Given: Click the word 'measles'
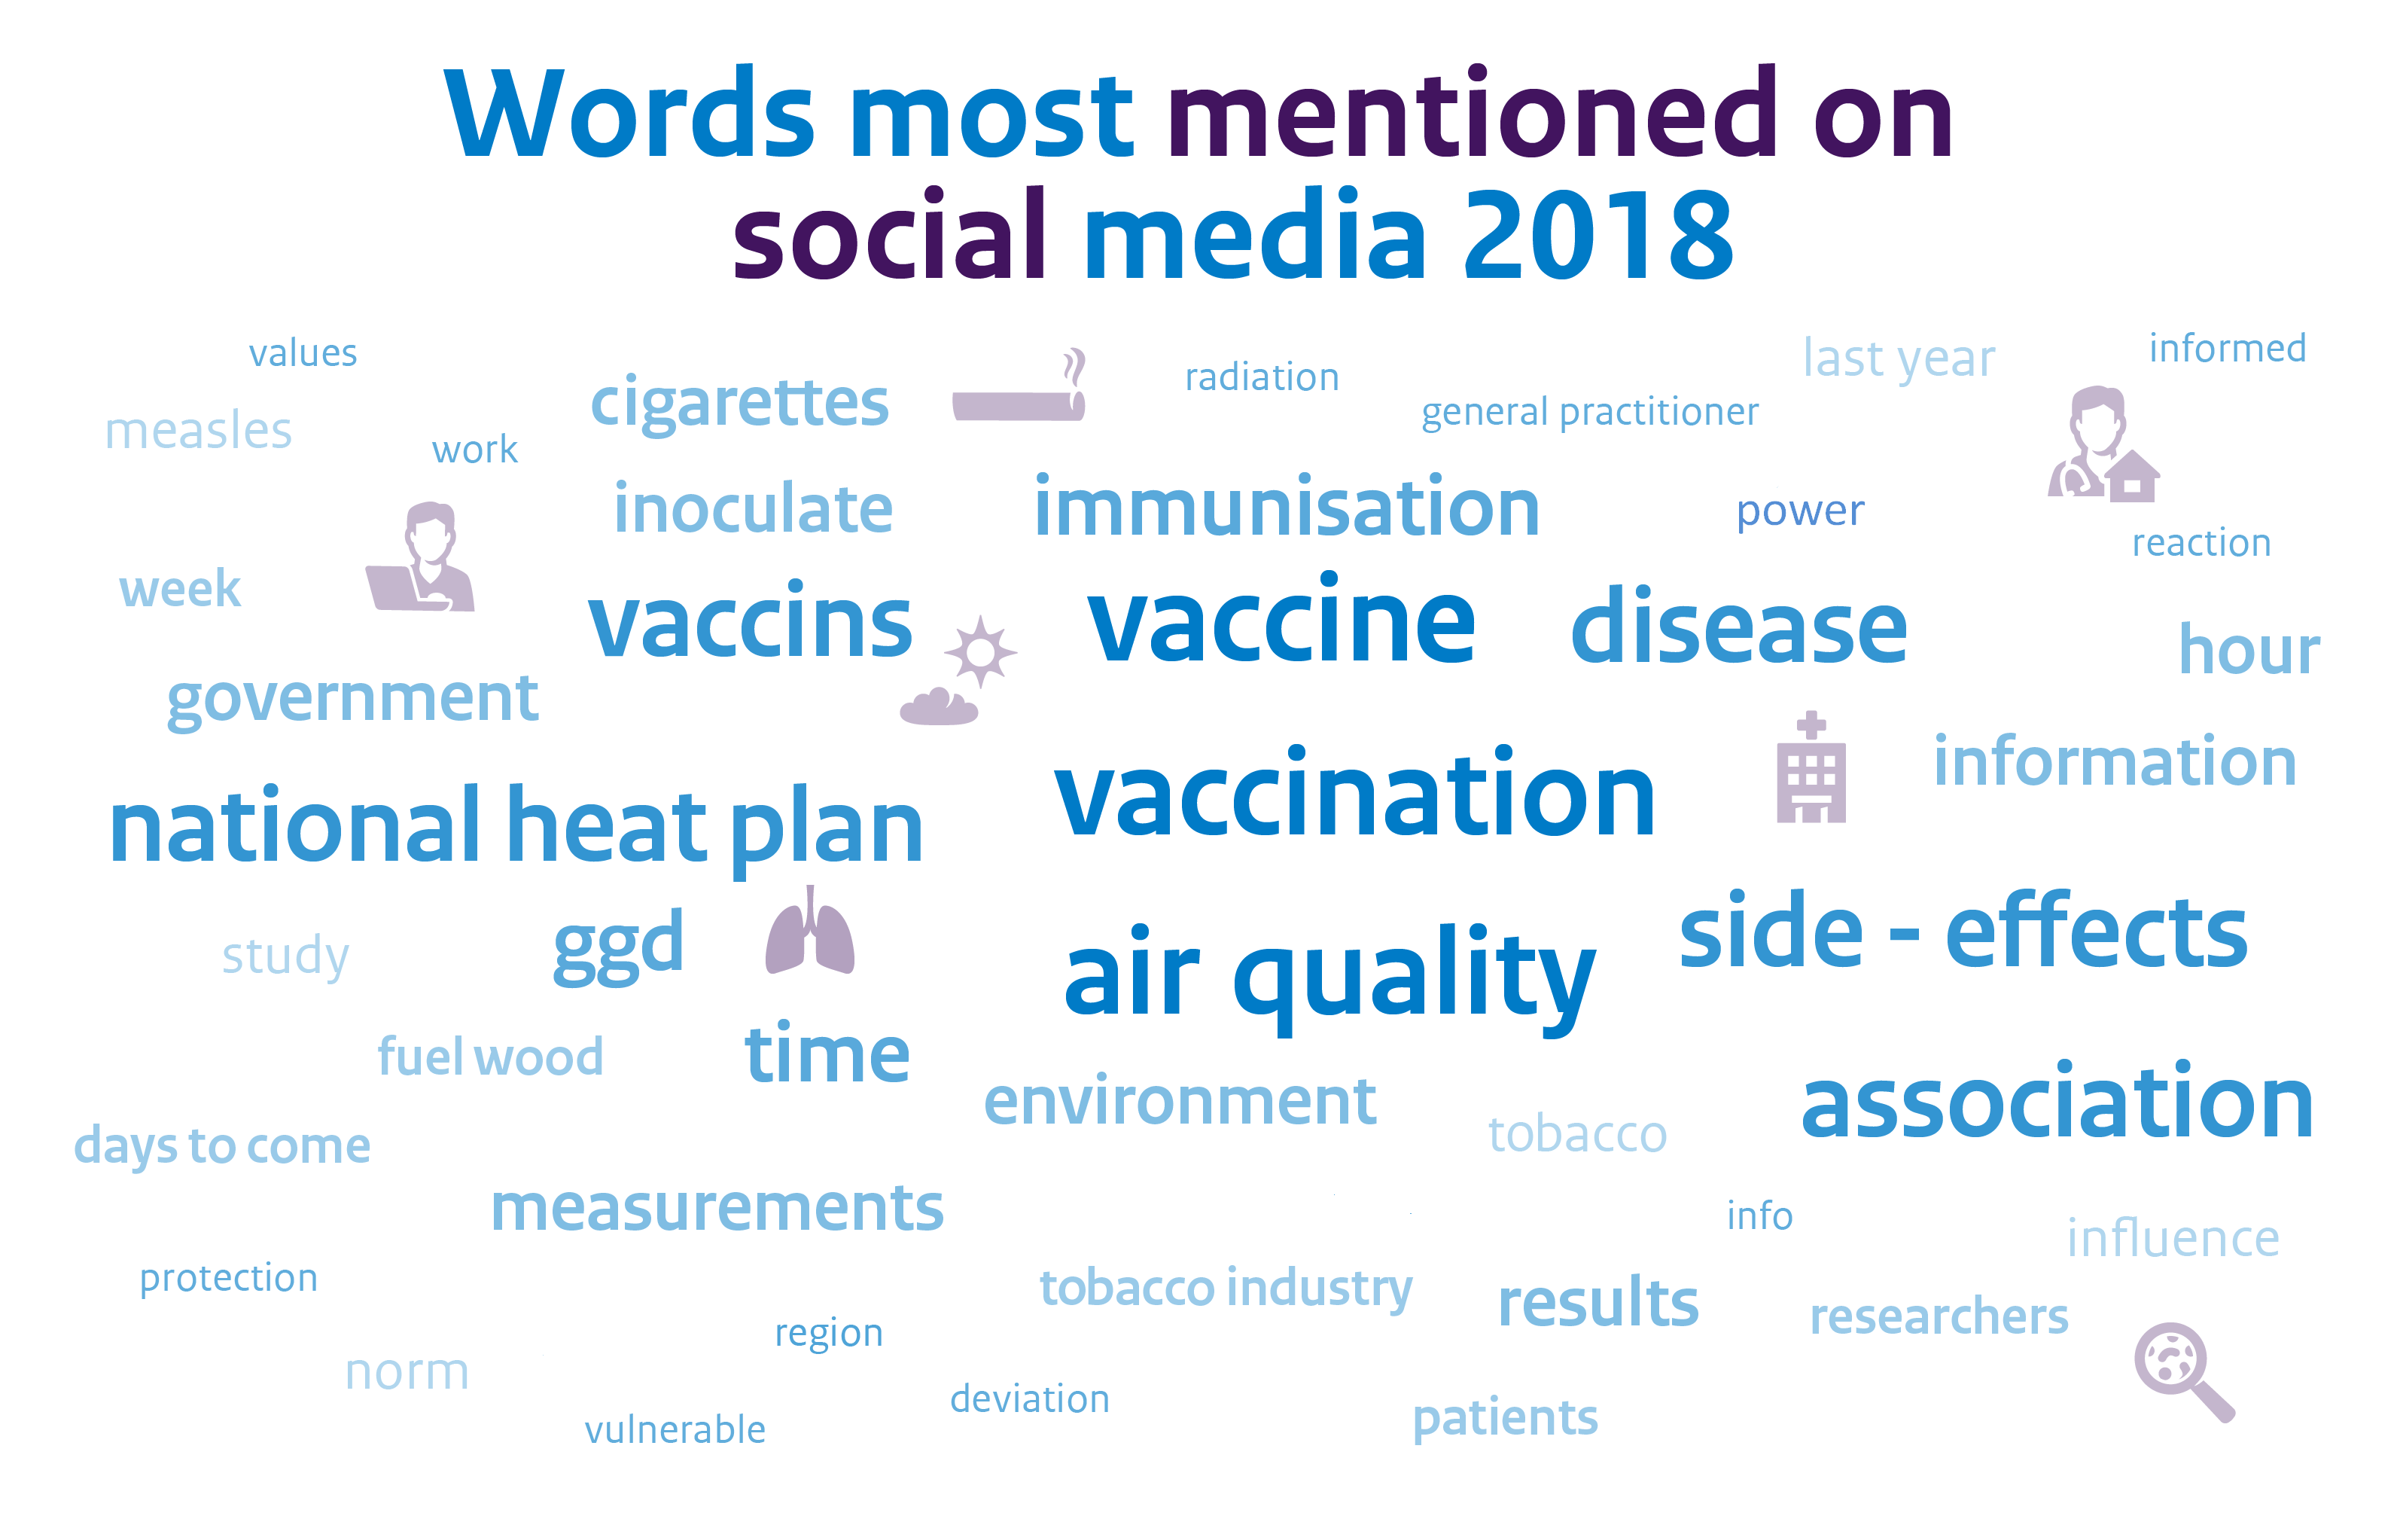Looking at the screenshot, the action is (198, 431).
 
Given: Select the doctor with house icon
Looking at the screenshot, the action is (2103, 444).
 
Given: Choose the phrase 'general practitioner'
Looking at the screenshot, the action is (1590, 412).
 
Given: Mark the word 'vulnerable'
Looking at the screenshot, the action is (675, 1429).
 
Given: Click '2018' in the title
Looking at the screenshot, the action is (1600, 235).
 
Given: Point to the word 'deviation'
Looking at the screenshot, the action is (1029, 1398).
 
